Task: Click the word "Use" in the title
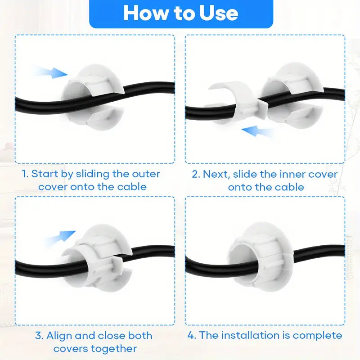coord(218,13)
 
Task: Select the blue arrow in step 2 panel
coord(257,131)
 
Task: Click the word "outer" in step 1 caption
coord(146,174)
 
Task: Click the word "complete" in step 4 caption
coord(318,335)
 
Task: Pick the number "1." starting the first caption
coord(25,174)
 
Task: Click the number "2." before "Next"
coord(196,174)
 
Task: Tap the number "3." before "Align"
coord(39,336)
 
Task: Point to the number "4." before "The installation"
coord(192,335)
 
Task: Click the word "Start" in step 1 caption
coord(45,174)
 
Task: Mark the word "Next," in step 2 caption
coord(216,175)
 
